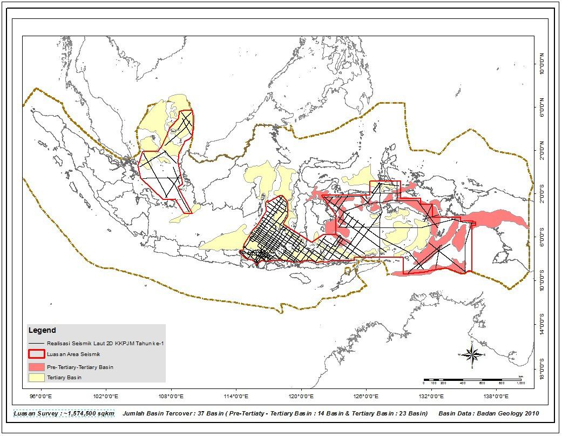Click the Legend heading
42,331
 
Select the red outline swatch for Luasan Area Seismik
37,354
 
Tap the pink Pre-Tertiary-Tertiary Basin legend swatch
37,367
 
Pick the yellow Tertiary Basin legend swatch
37,378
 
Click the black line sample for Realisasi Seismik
37,343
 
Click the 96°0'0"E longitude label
40,396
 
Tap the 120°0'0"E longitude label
301,396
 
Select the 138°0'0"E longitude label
496,396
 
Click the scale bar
473,380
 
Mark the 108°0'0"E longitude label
171,396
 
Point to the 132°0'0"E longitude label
431,396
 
